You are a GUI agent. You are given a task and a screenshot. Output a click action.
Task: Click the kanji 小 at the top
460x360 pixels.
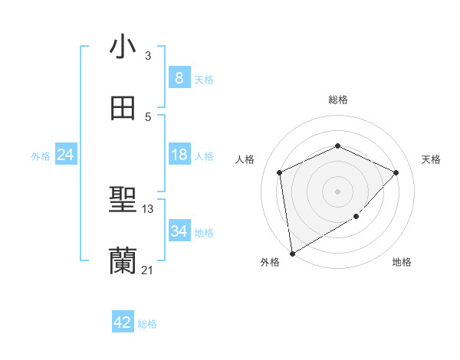(x=123, y=47)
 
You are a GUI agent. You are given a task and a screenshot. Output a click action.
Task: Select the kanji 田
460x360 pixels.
(x=123, y=109)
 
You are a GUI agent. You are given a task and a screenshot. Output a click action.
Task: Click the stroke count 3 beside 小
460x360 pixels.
(x=148, y=56)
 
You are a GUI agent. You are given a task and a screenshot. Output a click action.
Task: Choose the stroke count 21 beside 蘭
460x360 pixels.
(x=148, y=270)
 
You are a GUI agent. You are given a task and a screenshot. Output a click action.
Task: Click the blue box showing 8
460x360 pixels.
(x=179, y=78)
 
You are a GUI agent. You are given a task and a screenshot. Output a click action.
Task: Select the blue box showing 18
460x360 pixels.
(x=179, y=155)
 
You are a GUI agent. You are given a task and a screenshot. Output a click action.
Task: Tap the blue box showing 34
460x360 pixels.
(x=179, y=231)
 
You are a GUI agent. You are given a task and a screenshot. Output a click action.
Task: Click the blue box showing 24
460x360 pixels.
(x=65, y=155)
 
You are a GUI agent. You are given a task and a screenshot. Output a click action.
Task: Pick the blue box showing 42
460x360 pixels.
(x=123, y=322)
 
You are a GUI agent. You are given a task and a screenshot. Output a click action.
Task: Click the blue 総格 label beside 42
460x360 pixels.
(x=147, y=324)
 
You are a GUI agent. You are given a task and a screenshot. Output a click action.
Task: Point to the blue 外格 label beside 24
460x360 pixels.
(x=41, y=156)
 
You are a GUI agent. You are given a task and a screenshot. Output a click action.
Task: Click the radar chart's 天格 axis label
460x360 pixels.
(x=431, y=159)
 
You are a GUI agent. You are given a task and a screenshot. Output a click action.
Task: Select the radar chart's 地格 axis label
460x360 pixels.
(x=402, y=262)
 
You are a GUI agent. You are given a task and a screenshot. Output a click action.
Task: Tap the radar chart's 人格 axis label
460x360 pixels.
(x=245, y=159)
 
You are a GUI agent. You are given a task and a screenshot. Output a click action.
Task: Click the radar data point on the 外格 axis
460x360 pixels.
(x=292, y=253)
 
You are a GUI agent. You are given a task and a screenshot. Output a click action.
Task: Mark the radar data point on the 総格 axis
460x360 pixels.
(x=337, y=146)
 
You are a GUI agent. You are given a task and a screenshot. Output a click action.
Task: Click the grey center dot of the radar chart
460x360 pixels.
(x=337, y=191)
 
